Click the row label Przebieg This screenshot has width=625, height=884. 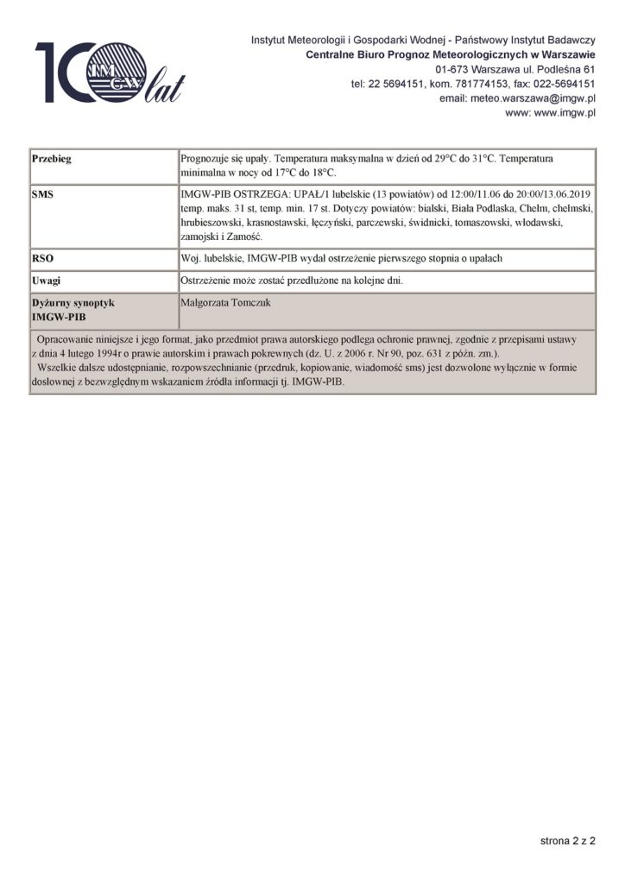point(51,160)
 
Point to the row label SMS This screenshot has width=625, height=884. point(42,195)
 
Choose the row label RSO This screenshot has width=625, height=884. point(42,257)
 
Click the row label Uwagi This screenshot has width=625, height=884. point(47,281)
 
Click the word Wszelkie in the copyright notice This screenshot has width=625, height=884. point(57,368)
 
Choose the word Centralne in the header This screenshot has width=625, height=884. point(334,54)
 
